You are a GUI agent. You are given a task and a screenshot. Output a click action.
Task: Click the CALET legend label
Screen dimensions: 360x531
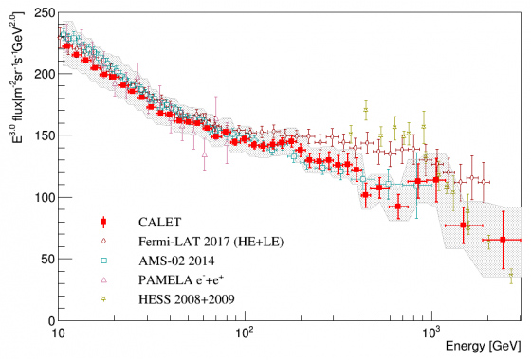[156, 224]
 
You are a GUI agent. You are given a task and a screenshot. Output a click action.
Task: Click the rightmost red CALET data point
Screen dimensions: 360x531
[503, 240]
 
